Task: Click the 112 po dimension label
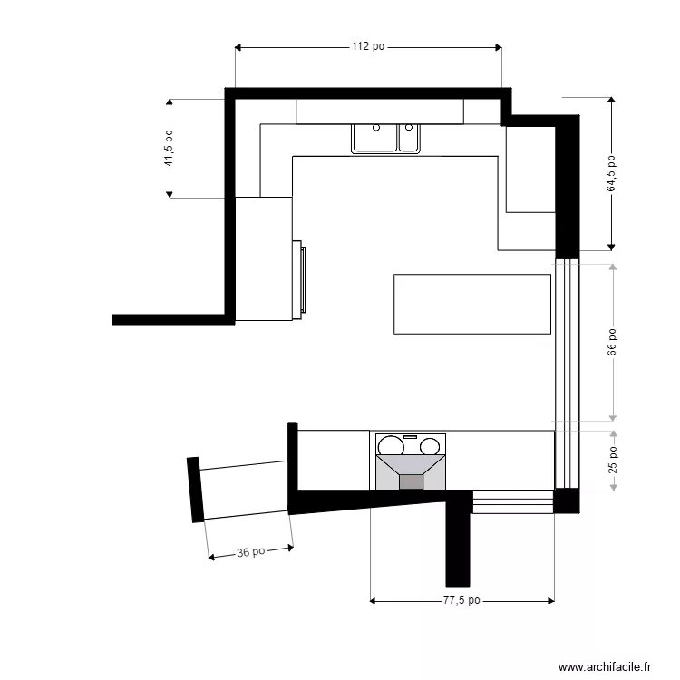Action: (367, 47)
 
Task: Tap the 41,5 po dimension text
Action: (169, 148)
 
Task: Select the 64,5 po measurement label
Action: (612, 173)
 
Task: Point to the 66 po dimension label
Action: (612, 342)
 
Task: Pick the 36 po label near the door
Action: (251, 551)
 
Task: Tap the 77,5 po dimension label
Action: (461, 600)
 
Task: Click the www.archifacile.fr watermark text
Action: (605, 666)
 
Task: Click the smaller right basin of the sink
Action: (409, 138)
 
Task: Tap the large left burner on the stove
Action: (391, 446)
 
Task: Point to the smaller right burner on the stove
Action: (430, 445)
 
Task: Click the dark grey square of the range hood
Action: (412, 481)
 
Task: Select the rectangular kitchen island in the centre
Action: (472, 304)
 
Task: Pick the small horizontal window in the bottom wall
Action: (512, 501)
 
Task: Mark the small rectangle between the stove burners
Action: (409, 438)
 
